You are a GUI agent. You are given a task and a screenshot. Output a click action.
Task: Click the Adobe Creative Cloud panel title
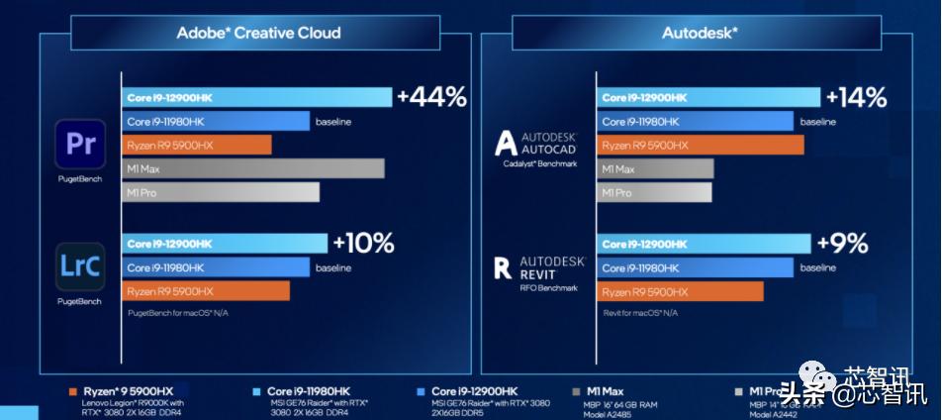point(258,33)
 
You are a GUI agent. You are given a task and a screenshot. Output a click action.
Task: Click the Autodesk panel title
point(700,33)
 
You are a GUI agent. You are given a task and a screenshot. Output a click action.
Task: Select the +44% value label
point(430,97)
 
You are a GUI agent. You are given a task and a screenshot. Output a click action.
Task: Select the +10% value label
point(363,244)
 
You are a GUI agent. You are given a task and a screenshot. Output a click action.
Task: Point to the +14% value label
point(856,97)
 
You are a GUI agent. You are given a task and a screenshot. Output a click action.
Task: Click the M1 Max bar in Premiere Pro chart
point(253,169)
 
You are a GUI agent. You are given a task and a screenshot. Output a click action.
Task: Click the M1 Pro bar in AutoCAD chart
point(652,192)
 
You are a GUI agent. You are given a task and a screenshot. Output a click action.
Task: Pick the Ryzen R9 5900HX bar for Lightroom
point(206,291)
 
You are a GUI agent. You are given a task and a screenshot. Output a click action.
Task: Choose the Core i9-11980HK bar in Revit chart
point(695,267)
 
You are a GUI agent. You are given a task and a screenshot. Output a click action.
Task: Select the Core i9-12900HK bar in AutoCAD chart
point(708,97)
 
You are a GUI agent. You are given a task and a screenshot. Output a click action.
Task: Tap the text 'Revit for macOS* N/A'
point(640,313)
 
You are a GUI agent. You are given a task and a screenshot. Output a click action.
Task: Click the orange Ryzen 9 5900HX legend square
point(75,391)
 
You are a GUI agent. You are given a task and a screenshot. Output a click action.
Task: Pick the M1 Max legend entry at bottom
point(605,391)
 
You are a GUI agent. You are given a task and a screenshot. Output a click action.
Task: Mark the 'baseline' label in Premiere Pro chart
point(333,122)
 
